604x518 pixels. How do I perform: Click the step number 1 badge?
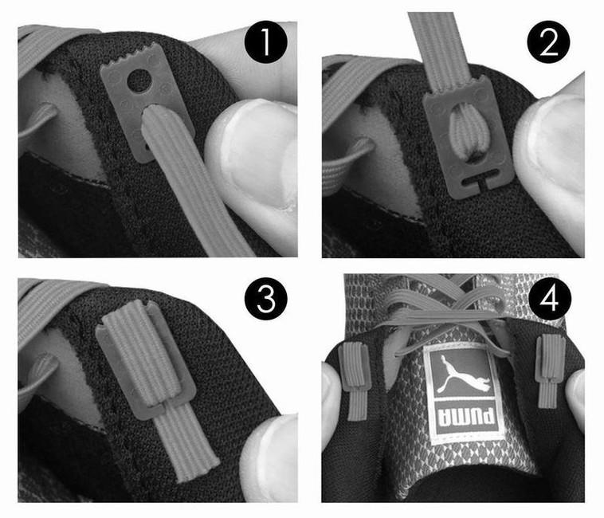tap(266, 42)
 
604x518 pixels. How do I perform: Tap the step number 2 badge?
tap(548, 42)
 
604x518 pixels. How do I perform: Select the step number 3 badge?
tap(266, 299)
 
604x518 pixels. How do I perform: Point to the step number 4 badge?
tap(550, 299)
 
